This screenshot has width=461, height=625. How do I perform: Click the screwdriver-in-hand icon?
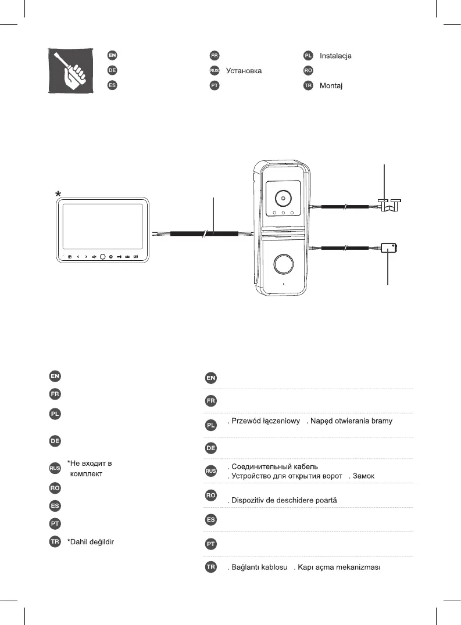69,70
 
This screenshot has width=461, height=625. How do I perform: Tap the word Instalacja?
335,56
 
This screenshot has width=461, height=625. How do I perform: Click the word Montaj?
331,86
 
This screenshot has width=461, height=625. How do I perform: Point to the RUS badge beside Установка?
214,71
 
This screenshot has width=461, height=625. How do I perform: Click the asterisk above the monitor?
58,193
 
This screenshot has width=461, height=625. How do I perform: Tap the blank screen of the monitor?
102,227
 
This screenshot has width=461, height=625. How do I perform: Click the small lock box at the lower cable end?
388,249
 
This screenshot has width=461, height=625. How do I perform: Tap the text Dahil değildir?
90,542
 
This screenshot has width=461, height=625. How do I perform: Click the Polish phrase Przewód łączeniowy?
265,421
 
